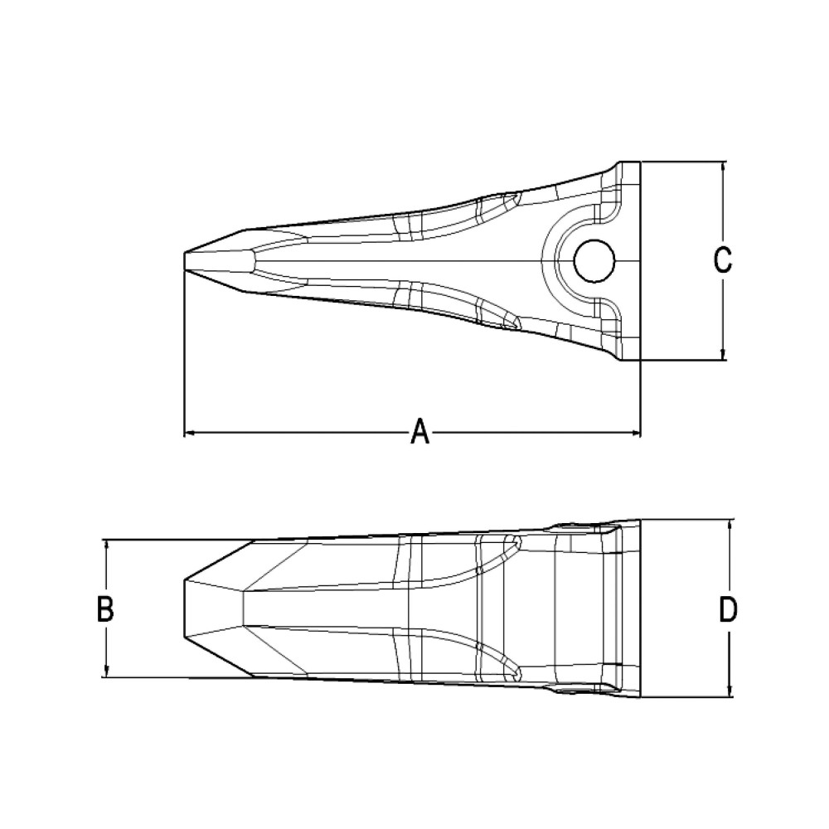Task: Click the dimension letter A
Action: (421, 432)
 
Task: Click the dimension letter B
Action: (105, 608)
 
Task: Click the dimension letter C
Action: (723, 260)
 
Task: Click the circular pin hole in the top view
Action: (594, 261)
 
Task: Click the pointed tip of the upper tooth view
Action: (184, 260)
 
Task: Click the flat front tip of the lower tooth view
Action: (184, 608)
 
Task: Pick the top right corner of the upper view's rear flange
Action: (640, 162)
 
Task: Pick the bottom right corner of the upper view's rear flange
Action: (640, 360)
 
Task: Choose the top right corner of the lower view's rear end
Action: (641, 521)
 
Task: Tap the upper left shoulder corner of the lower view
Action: (253, 541)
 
